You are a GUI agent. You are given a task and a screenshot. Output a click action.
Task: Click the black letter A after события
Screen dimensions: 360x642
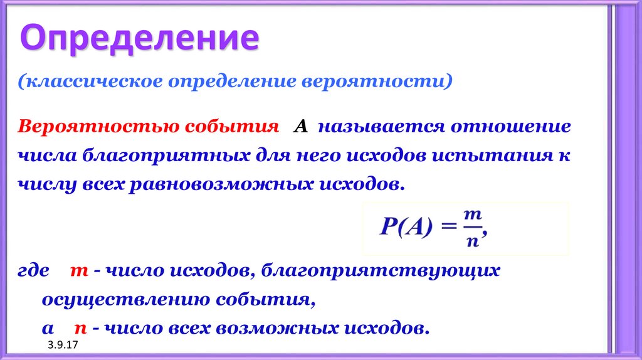point(300,127)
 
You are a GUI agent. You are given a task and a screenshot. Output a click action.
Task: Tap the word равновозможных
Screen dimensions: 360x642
point(221,186)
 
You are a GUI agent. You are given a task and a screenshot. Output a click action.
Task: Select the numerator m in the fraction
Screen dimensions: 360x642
point(472,215)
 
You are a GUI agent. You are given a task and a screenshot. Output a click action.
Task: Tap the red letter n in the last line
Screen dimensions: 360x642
point(80,328)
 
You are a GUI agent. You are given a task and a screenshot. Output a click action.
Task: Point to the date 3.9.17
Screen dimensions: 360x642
point(60,346)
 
